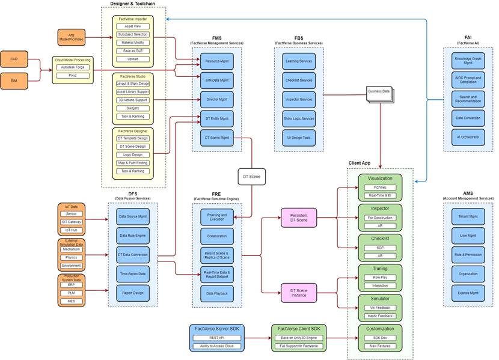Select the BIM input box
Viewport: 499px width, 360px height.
(13, 79)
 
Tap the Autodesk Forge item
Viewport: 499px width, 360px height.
(72, 68)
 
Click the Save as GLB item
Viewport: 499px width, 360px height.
(133, 50)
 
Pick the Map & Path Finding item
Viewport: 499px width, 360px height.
(133, 162)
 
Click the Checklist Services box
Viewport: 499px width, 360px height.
(298, 80)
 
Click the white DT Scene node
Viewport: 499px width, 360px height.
(251, 177)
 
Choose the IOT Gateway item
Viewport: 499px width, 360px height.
(72, 222)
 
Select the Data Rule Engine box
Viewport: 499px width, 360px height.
(132, 235)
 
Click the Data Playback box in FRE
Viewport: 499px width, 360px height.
(216, 293)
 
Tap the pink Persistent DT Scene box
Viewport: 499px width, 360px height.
(298, 218)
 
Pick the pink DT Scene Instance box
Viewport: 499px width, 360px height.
(298, 293)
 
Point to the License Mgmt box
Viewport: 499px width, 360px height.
(468, 293)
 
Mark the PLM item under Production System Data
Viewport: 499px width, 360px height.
(72, 292)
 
